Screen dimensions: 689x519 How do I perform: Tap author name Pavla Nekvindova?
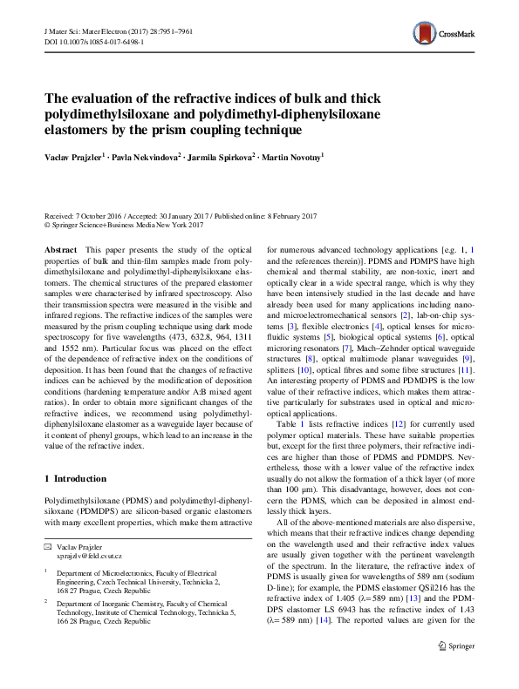[144, 157]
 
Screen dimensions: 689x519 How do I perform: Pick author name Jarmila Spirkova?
[221, 157]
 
